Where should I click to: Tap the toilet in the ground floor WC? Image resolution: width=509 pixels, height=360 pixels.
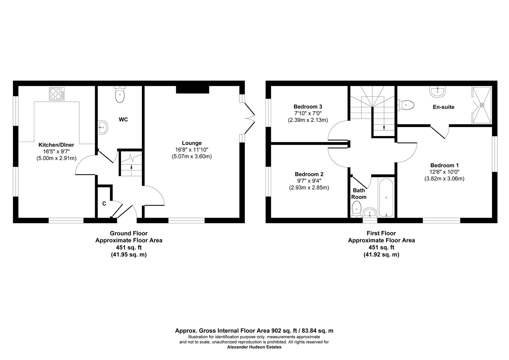pos(120,95)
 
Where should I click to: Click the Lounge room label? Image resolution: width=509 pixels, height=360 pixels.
pos(192,143)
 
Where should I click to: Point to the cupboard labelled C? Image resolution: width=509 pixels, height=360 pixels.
pos(104,204)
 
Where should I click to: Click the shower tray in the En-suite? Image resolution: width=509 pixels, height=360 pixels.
pos(481,105)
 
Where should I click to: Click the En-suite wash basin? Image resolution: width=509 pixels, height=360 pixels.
pos(436,92)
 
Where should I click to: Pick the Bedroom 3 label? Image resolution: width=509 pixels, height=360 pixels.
pos(307,107)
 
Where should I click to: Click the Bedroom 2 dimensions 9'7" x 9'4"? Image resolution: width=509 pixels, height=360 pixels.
pos(309,181)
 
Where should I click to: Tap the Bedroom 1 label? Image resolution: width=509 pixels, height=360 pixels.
pos(444,165)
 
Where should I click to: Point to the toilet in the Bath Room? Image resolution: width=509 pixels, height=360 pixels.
pos(356,208)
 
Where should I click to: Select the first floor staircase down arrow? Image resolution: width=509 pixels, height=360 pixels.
pos(384,127)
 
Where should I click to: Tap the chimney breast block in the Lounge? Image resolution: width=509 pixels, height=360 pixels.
pos(192,89)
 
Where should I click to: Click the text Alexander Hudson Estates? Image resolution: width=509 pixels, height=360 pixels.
pos(254,347)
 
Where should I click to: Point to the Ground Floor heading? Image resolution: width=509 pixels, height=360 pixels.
pos(129,233)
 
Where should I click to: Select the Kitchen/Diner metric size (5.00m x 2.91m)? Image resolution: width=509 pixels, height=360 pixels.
pos(56,158)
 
